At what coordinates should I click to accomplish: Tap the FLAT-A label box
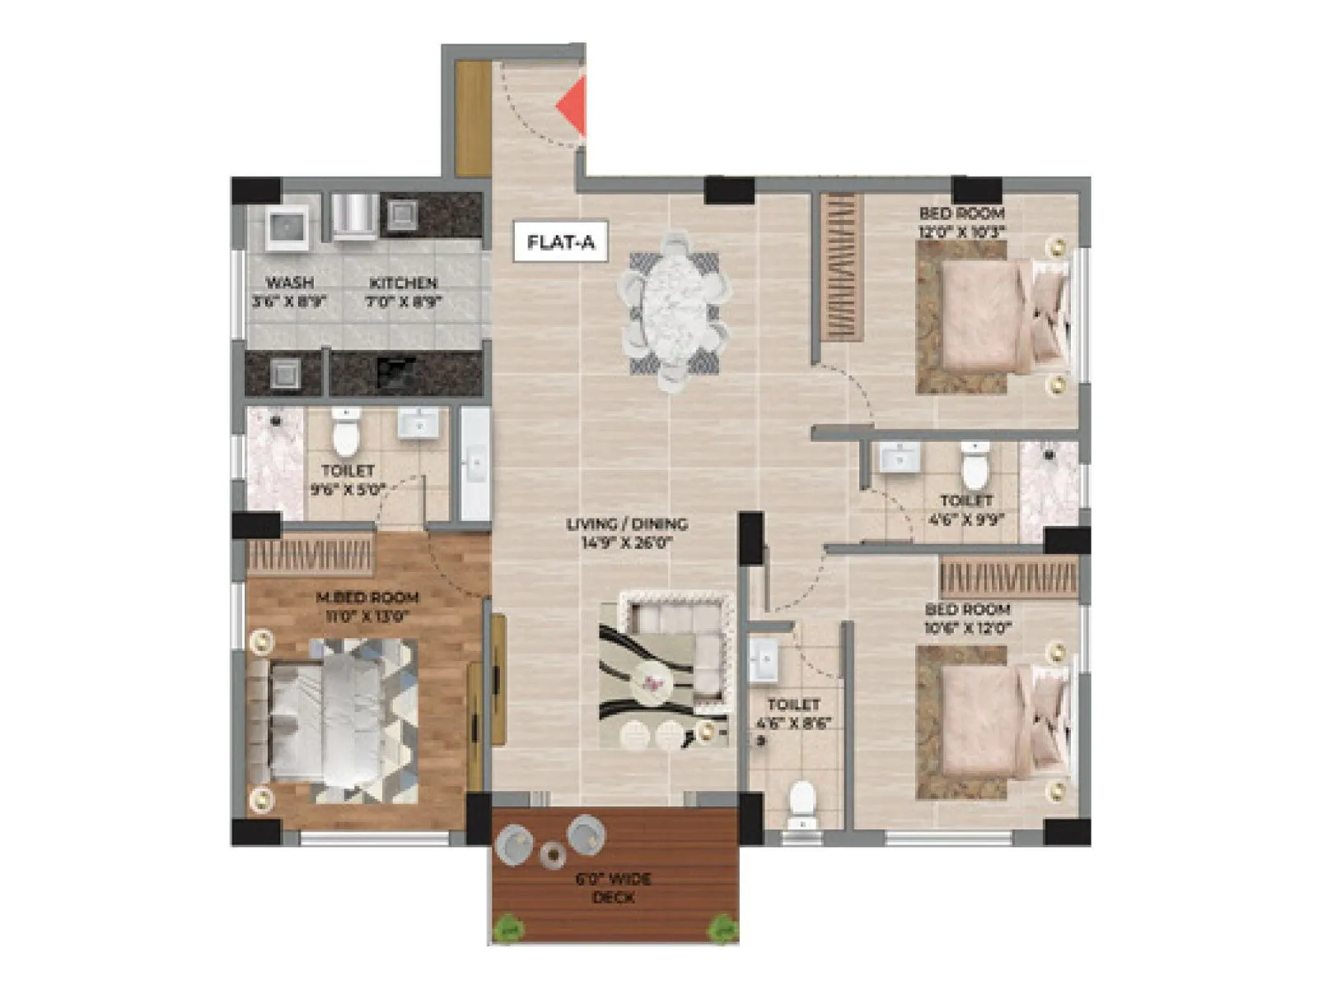click(x=560, y=242)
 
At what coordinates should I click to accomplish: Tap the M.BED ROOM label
click(x=367, y=598)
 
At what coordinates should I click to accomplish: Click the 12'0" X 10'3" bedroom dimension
click(x=962, y=232)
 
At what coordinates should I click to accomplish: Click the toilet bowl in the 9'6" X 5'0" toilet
click(x=346, y=434)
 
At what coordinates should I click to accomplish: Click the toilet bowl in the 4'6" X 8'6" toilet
click(x=801, y=803)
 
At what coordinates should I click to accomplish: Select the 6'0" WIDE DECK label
click(x=614, y=888)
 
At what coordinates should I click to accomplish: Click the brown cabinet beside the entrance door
click(x=473, y=118)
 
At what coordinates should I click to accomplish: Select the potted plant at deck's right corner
click(x=724, y=929)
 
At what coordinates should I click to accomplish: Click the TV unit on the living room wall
click(x=498, y=681)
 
